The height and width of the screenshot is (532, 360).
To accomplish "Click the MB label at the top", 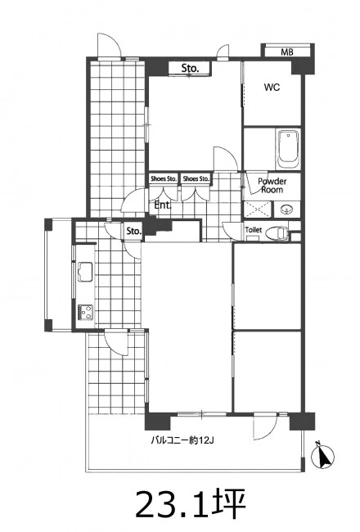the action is (286, 52).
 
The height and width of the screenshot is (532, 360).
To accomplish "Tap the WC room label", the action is (272, 88).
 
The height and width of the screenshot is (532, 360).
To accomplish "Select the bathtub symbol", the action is (288, 149).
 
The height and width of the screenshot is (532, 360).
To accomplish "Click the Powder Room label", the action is (272, 185).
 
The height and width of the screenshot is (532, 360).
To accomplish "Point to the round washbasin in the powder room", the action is (287, 210).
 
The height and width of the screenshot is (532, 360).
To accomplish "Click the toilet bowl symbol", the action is (277, 233).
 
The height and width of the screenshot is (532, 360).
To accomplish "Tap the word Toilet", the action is (254, 230).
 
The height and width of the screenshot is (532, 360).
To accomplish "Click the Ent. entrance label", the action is (163, 205).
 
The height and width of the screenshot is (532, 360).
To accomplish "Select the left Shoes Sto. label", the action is (164, 178).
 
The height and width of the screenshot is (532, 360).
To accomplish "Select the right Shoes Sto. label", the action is (196, 178).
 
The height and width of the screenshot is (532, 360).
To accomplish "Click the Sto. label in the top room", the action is (190, 68).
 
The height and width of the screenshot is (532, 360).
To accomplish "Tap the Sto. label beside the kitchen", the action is (133, 231).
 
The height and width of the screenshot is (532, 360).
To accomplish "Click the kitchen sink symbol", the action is (85, 272).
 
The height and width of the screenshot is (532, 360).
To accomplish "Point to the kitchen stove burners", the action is (85, 312).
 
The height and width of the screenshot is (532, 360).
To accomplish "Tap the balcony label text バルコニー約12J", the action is (182, 440).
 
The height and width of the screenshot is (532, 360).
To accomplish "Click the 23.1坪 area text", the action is (191, 504).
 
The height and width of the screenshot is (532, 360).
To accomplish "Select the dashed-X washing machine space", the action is (258, 210).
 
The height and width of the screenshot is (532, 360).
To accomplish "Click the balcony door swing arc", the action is (265, 427).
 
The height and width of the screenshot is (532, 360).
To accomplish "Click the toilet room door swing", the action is (231, 230).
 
